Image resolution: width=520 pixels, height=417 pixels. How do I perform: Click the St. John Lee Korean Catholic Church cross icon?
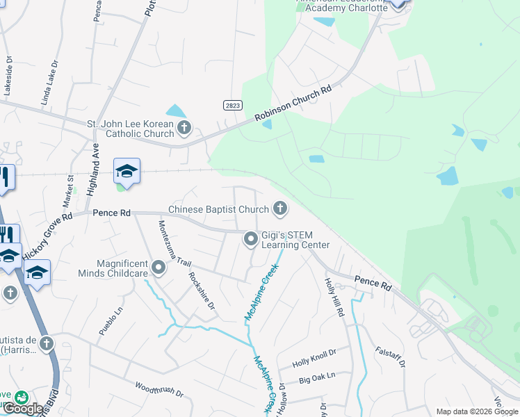point(184,127)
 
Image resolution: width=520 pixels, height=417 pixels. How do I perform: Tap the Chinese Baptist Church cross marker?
point(279,208)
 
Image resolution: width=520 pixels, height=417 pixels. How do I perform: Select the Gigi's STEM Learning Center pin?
point(251,240)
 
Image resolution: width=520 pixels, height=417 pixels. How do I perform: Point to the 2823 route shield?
point(233,105)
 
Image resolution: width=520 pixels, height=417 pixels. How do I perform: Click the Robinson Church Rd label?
point(294,104)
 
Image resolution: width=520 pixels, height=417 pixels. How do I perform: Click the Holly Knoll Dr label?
point(314,358)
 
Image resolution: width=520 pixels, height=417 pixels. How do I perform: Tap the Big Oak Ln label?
point(317,377)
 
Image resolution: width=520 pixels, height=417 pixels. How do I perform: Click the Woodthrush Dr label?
point(159,389)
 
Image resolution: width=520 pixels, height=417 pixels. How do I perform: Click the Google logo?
point(24,409)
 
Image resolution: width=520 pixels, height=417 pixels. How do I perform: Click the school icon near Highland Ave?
point(127,171)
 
